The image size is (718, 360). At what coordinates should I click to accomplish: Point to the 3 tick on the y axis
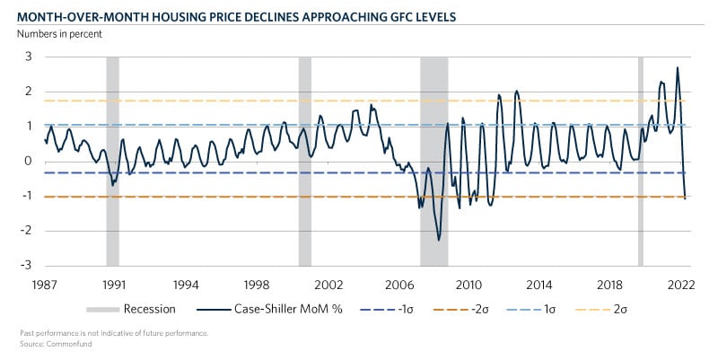28,57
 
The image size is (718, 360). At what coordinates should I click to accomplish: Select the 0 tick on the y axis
28,162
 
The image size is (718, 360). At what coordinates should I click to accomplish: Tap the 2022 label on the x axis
677,284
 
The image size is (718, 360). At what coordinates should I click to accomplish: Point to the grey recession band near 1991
112,162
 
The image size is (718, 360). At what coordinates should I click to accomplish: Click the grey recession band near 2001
305,162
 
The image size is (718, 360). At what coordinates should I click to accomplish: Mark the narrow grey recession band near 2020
641,162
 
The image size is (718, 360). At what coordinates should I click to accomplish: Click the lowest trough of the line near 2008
439,240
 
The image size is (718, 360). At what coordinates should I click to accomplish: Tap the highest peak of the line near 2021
677,67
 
